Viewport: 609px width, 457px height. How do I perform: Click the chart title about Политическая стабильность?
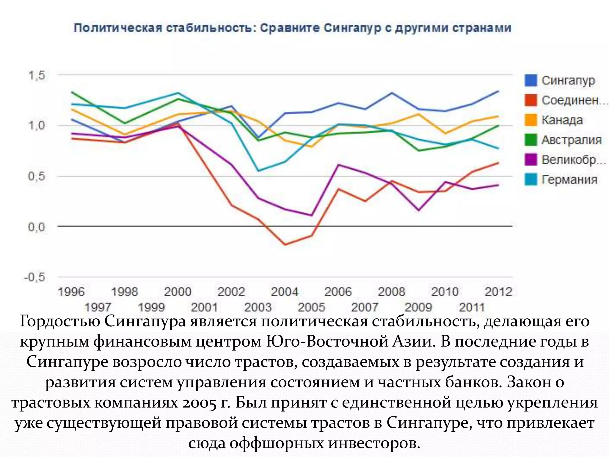click(292, 28)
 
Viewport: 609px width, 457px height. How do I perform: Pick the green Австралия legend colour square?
click(531, 140)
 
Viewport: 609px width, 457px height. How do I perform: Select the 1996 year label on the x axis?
click(71, 292)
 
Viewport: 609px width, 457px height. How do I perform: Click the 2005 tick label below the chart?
click(311, 307)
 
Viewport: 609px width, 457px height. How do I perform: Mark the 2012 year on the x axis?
click(498, 292)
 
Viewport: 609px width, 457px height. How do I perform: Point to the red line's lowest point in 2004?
click(285, 245)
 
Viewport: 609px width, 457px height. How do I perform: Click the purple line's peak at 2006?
click(338, 165)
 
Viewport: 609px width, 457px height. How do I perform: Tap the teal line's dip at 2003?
click(258, 171)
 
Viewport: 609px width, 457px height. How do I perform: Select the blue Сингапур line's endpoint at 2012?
click(498, 91)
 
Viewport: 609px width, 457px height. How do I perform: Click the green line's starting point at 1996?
click(72, 92)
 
